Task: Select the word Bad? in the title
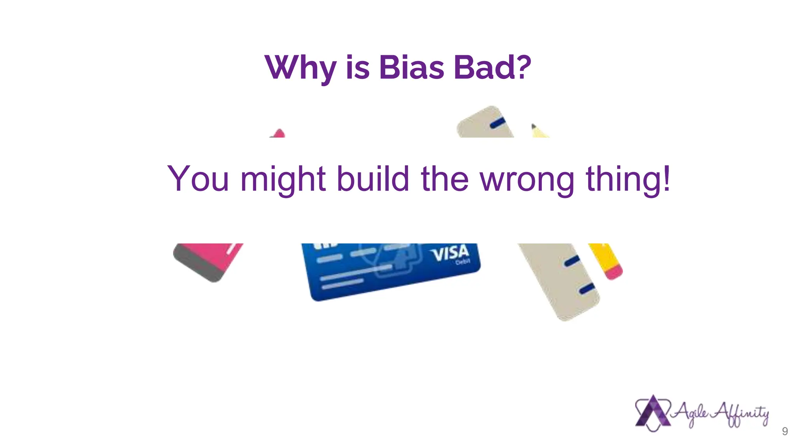pos(492,67)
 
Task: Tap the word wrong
pos(527,180)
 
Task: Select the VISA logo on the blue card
pos(449,254)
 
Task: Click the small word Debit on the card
pos(463,262)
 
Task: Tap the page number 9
pos(785,431)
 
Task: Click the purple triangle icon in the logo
pos(653,412)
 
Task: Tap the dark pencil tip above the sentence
pos(534,126)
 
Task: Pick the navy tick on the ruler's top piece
pos(497,123)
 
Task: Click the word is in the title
pos(357,68)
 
